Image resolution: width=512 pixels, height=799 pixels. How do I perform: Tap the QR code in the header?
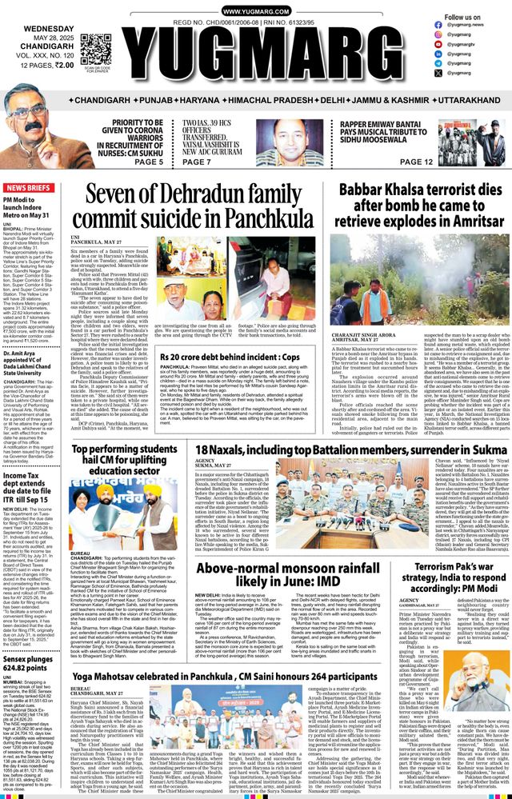point(95,49)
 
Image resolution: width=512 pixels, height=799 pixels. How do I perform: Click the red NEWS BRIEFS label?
point(30,187)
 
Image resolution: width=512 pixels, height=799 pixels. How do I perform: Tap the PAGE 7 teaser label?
point(197,162)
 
